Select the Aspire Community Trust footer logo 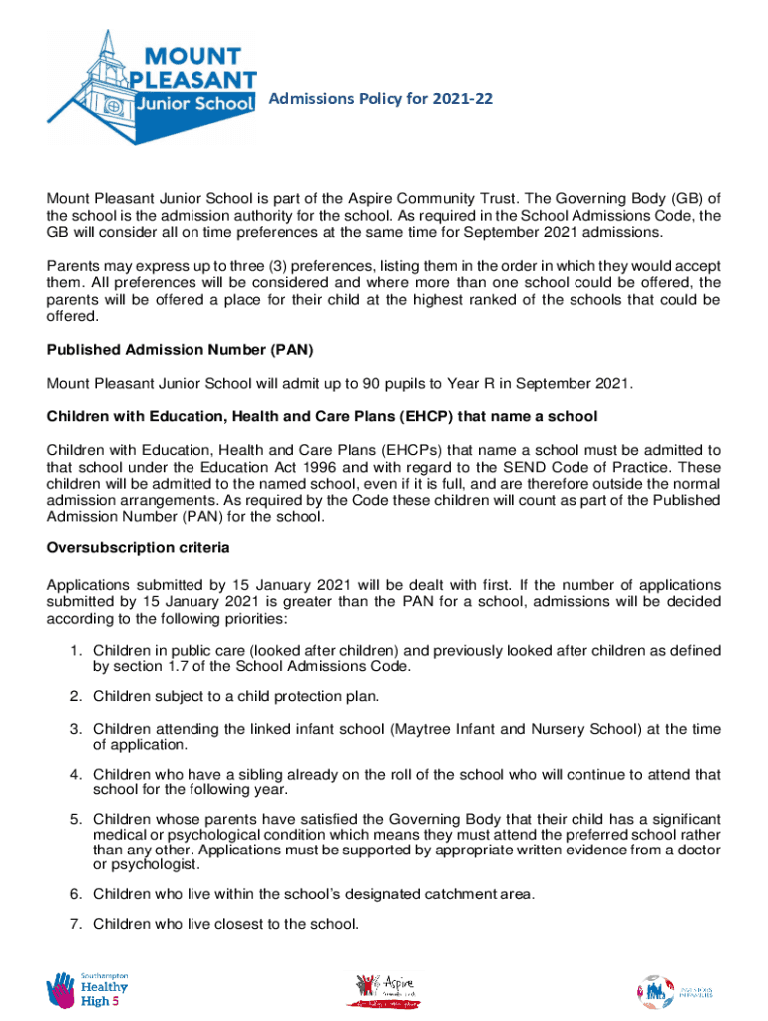[384, 991]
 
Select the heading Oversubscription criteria [139, 548]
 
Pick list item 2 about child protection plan [236, 695]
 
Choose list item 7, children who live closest [225, 924]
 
